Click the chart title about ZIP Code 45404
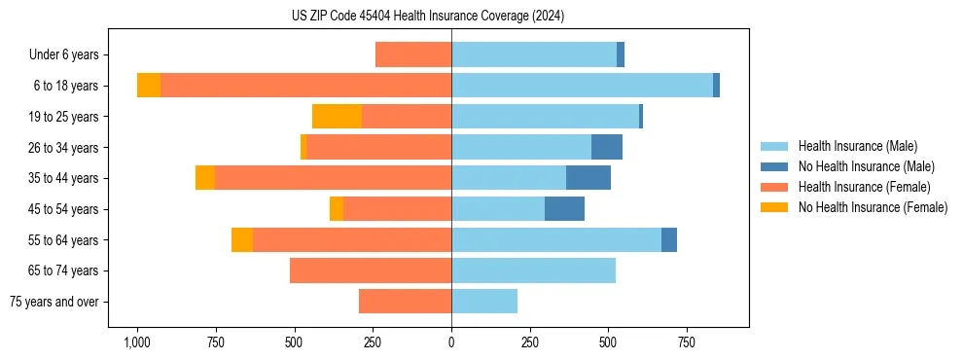(x=428, y=17)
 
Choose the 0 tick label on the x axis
(x=451, y=343)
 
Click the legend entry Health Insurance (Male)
(x=857, y=146)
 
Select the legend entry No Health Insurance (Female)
(x=873, y=207)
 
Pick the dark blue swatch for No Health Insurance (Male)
(x=774, y=166)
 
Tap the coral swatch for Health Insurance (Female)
(x=774, y=187)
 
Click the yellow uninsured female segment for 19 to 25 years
(x=337, y=117)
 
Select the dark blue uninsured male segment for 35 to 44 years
(x=588, y=178)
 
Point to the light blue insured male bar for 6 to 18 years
(x=582, y=86)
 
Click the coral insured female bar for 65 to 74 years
(x=371, y=270)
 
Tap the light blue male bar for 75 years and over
(x=484, y=302)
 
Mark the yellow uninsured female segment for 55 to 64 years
(x=242, y=239)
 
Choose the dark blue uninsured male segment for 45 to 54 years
(x=564, y=209)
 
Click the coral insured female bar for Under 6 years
(x=413, y=55)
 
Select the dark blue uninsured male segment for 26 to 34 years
(x=607, y=147)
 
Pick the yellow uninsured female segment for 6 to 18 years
(x=149, y=86)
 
